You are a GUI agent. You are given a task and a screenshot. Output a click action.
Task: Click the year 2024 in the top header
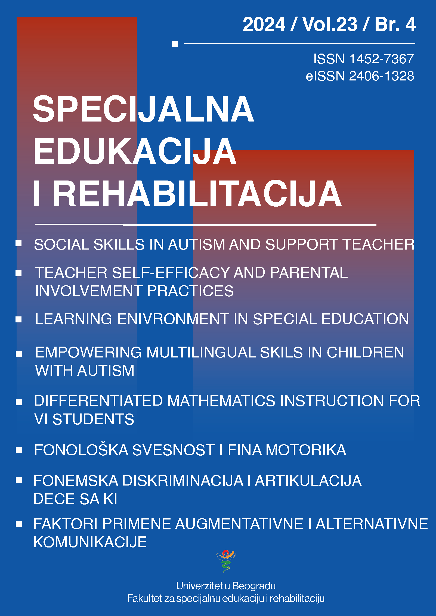coord(264,24)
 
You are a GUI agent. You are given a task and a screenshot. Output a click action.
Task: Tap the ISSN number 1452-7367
coord(382,59)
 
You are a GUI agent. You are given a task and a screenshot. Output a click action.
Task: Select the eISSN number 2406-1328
coord(382,76)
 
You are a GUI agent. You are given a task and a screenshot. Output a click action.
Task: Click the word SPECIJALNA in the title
coord(143,109)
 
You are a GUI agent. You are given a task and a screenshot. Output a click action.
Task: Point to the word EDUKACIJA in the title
coord(135,151)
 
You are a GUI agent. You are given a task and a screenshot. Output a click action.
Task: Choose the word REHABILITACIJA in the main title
coord(197,194)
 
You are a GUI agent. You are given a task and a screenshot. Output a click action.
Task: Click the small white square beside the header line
coord(175,44)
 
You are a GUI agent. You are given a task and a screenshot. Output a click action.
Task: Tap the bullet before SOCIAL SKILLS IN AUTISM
coord(19,243)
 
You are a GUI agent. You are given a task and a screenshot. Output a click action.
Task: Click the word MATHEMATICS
coord(221,401)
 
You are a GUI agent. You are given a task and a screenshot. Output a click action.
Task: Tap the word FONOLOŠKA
coord(81,450)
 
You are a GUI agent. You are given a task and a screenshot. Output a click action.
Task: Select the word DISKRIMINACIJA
coord(183,481)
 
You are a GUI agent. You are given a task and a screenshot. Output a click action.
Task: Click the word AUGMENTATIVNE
coord(239,524)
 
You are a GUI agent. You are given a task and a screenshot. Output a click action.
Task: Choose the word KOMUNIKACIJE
coord(90,542)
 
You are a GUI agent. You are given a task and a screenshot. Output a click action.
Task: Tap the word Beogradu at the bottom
coord(254,586)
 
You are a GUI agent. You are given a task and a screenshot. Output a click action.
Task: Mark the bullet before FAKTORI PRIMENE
coord(19,524)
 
